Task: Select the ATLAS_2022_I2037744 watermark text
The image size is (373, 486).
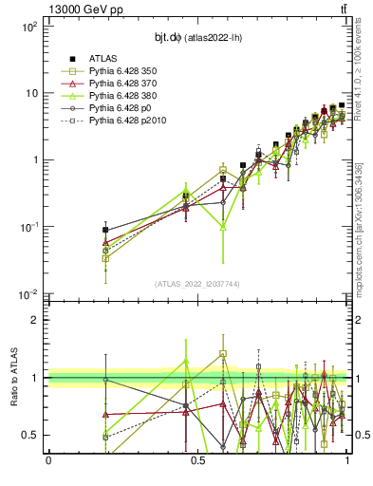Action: click(x=197, y=283)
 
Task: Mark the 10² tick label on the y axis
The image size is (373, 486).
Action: click(x=28, y=27)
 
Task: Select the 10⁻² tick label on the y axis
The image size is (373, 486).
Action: click(x=28, y=293)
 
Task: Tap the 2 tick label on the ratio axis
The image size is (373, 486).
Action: click(x=33, y=320)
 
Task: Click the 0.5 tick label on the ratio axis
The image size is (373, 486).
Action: click(x=29, y=435)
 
